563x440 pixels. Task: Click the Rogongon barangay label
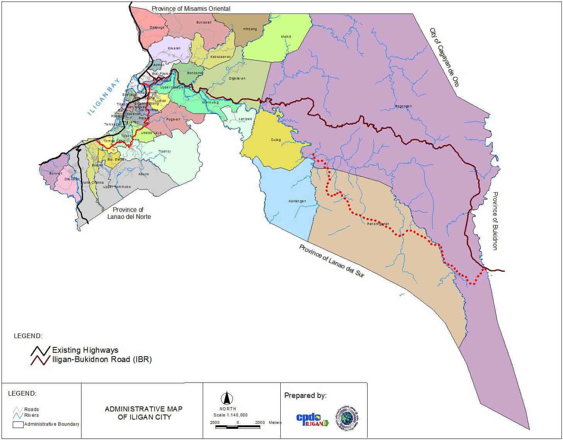[x=403, y=106]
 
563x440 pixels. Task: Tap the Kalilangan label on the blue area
[x=297, y=201]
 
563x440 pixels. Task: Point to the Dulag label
[x=276, y=140]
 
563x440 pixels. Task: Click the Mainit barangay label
[x=286, y=37]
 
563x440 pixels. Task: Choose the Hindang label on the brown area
[x=250, y=29]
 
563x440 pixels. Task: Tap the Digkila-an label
[x=237, y=78]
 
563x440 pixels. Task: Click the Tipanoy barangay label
[x=164, y=151]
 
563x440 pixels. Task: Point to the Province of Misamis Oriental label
[x=191, y=8]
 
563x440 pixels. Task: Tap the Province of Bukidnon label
[x=495, y=221]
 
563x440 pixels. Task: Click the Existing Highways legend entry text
[x=85, y=350]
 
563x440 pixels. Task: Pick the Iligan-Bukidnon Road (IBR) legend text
[x=102, y=359]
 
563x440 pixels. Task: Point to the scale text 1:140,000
[x=231, y=415]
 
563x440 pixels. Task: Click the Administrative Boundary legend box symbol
[x=18, y=425]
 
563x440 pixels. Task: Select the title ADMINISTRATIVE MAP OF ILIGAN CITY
[x=144, y=413]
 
